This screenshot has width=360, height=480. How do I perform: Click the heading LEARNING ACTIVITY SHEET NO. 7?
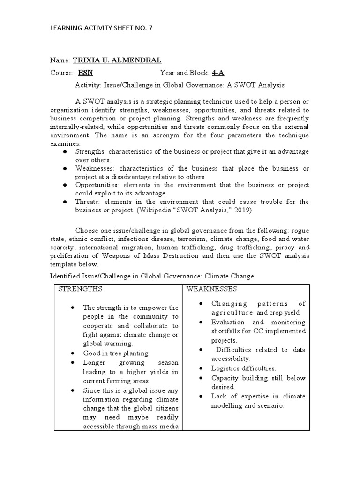click(x=101, y=28)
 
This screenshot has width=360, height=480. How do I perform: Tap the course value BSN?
click(x=85, y=73)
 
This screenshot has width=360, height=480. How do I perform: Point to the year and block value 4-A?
click(x=217, y=73)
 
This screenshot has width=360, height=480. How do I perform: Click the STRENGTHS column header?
click(x=80, y=289)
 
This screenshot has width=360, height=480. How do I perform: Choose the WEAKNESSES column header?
click(x=211, y=289)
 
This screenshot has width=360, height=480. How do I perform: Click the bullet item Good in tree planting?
click(x=115, y=353)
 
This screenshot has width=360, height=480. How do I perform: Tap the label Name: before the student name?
click(x=60, y=60)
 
